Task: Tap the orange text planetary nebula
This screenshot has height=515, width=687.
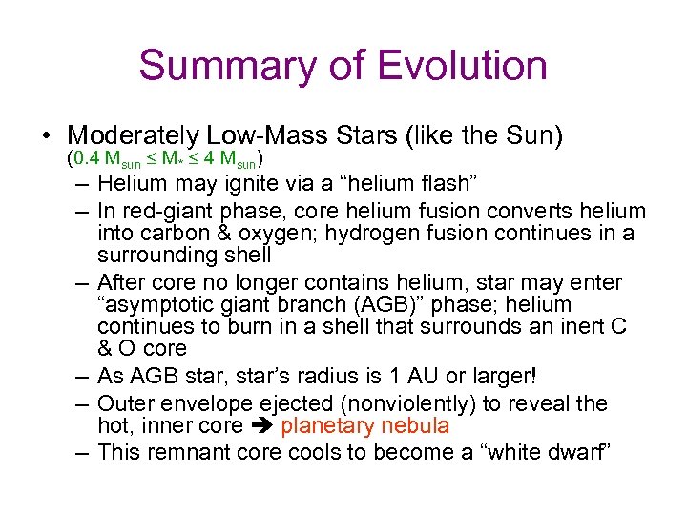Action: click(x=364, y=426)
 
